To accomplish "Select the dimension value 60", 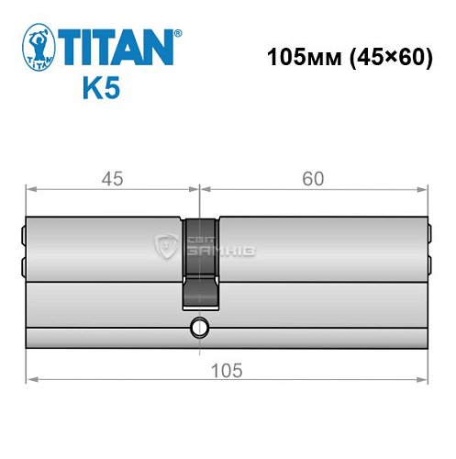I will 313,179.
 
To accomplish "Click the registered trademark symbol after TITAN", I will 178,33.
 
